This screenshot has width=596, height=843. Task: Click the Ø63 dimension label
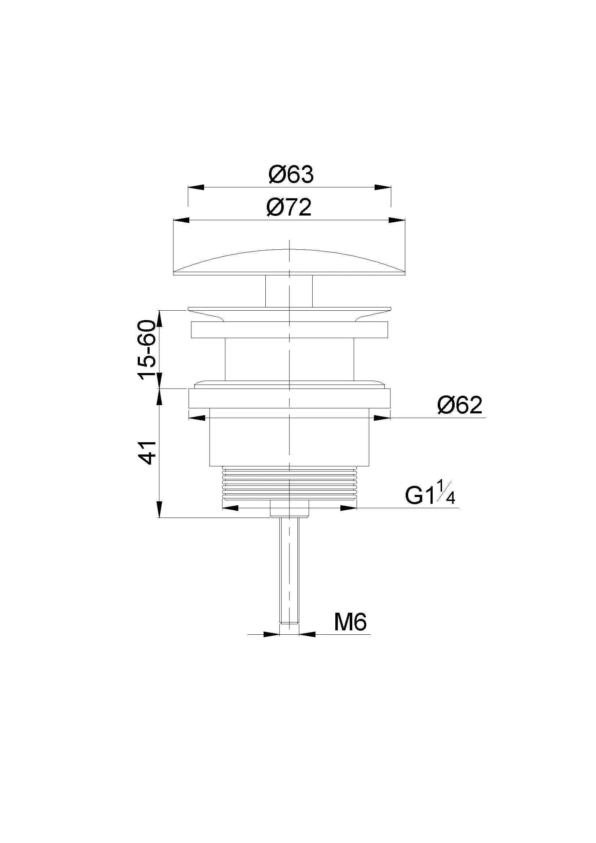pyautogui.click(x=291, y=175)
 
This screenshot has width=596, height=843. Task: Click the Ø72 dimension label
pyautogui.click(x=289, y=208)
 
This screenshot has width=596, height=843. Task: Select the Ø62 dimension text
pyautogui.click(x=460, y=405)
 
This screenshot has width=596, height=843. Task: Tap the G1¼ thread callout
pyautogui.click(x=430, y=496)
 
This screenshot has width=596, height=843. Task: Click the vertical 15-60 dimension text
pyautogui.click(x=147, y=350)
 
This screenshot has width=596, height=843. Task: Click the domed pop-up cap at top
pyautogui.click(x=289, y=262)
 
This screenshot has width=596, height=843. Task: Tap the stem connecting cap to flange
pyautogui.click(x=289, y=291)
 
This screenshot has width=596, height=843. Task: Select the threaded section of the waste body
pyautogui.click(x=290, y=483)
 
